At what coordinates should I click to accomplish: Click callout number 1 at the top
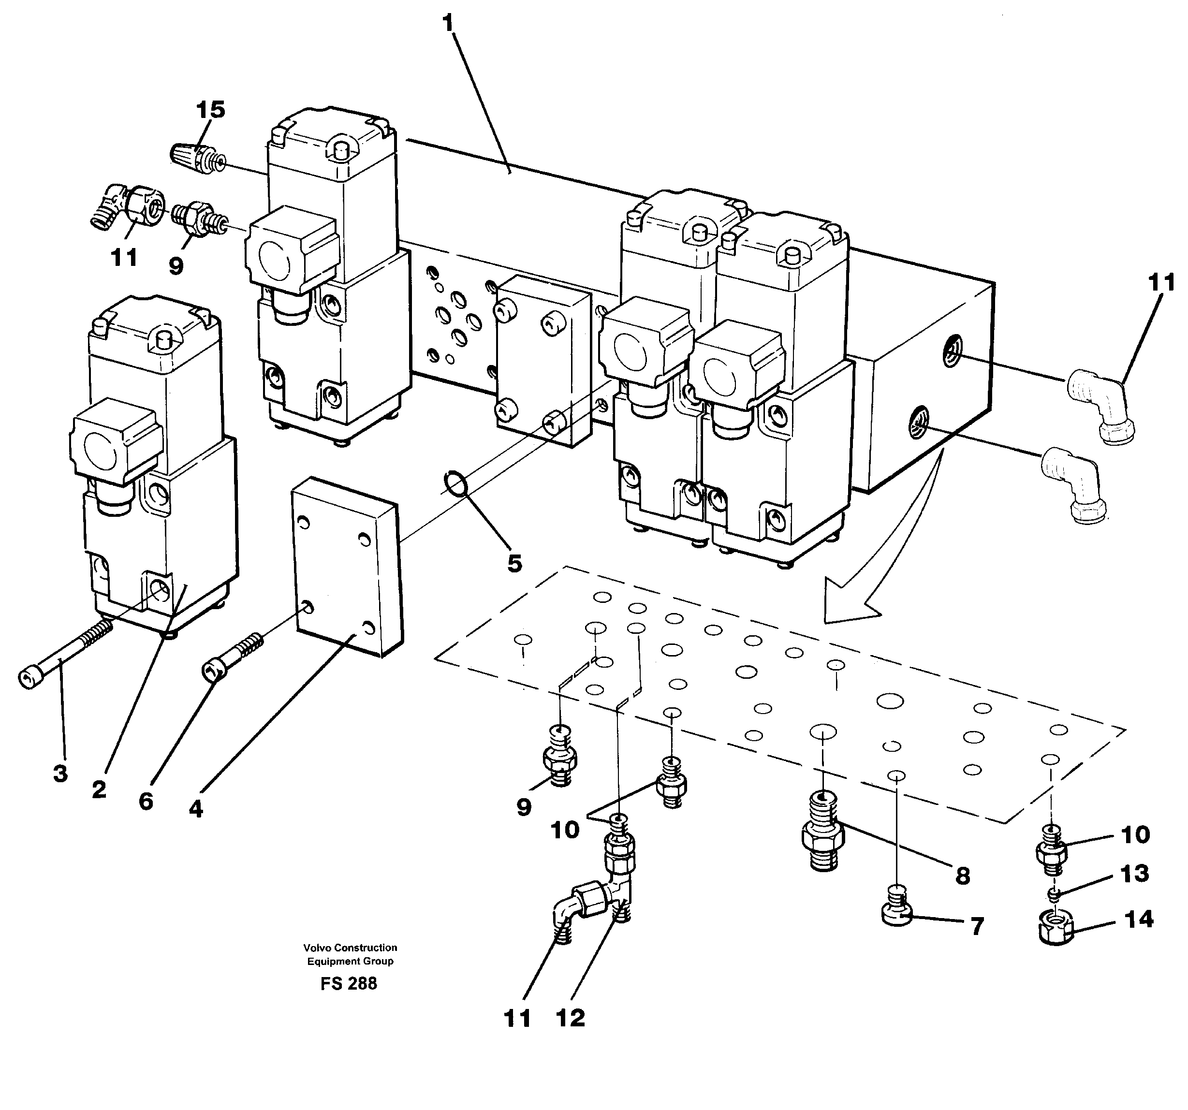click(x=448, y=23)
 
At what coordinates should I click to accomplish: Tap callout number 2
click(x=99, y=789)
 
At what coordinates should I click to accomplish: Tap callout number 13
click(x=1134, y=874)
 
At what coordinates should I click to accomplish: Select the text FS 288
click(x=349, y=983)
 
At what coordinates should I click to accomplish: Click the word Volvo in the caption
click(x=317, y=948)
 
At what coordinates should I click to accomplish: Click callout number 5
click(x=514, y=563)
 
